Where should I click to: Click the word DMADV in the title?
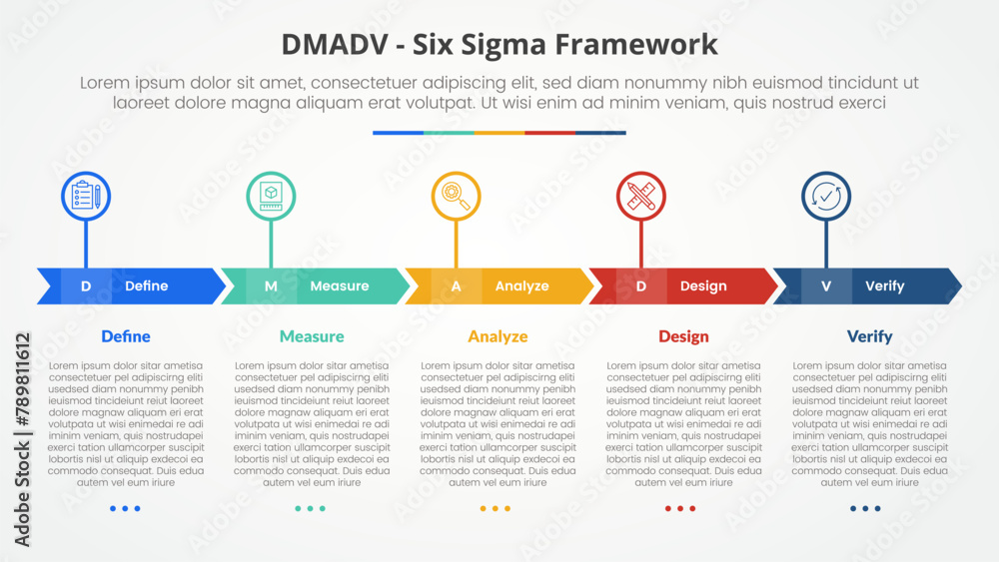pyautogui.click(x=334, y=45)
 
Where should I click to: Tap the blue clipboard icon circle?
pyautogui.click(x=86, y=196)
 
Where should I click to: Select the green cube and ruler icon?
pyautogui.click(x=271, y=196)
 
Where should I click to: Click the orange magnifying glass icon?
pyautogui.click(x=457, y=196)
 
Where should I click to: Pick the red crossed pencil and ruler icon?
pyautogui.click(x=641, y=196)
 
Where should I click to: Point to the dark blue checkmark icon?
pyautogui.click(x=826, y=196)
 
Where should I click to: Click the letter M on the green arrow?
pyautogui.click(x=271, y=286)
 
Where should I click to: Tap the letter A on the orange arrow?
pyautogui.click(x=457, y=286)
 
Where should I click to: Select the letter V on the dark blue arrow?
pyautogui.click(x=826, y=286)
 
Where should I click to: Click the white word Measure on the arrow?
pyautogui.click(x=340, y=286)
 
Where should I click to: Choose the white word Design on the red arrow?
pyautogui.click(x=703, y=286)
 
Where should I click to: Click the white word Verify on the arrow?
pyautogui.click(x=885, y=286)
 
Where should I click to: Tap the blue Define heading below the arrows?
pyautogui.click(x=126, y=336)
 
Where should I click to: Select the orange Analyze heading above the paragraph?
pyautogui.click(x=498, y=336)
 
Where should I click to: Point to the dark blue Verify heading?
pyautogui.click(x=870, y=336)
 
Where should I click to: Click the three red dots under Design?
pyautogui.click(x=680, y=508)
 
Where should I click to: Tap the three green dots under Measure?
pyautogui.click(x=311, y=508)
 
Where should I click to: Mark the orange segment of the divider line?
pyautogui.click(x=499, y=133)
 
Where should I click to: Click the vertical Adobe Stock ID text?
pyautogui.click(x=23, y=439)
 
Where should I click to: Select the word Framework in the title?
pyautogui.click(x=636, y=45)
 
